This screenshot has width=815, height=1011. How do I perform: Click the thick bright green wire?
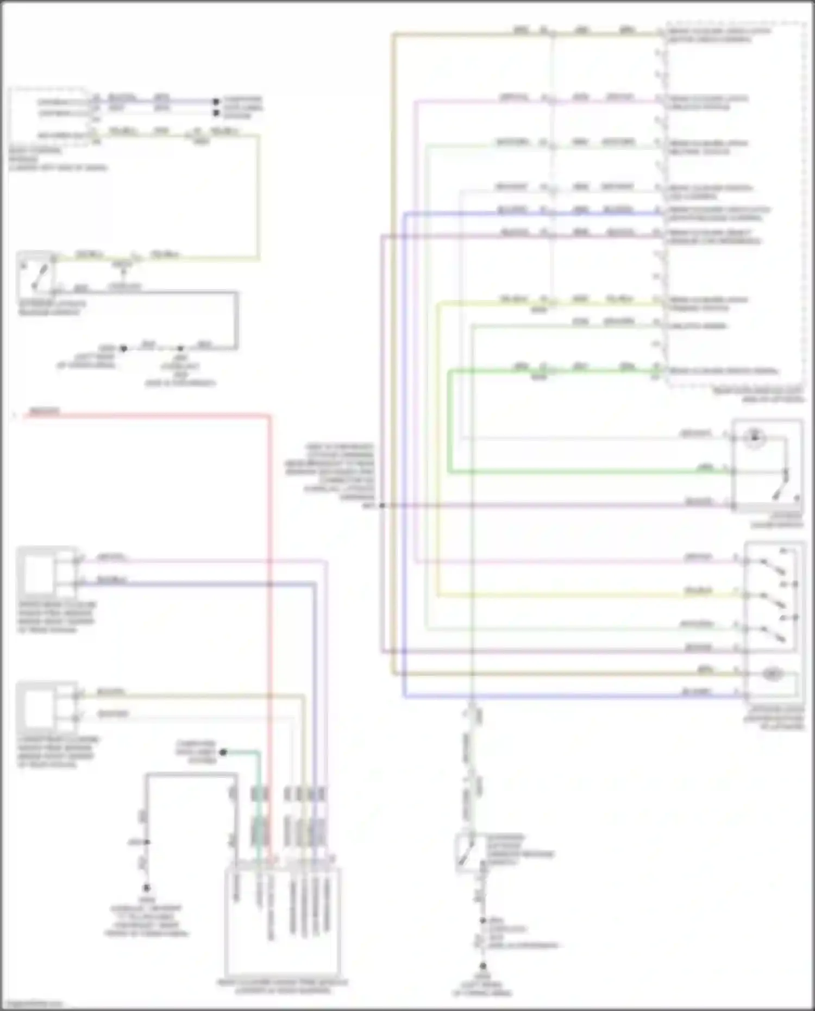tap(587, 472)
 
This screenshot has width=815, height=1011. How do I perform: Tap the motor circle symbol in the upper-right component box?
tap(754, 437)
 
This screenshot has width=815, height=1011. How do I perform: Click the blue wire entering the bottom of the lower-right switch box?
tap(570, 696)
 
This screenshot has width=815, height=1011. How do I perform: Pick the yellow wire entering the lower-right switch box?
tap(587, 596)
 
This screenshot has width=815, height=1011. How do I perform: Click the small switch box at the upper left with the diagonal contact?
tap(36, 274)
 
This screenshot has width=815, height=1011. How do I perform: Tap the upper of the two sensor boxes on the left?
tap(38, 574)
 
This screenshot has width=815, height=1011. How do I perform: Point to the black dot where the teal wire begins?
tap(223, 752)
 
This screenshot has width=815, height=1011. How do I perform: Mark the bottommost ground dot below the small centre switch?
tap(482, 965)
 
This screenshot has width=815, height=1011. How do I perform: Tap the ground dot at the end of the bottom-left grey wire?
tap(146, 888)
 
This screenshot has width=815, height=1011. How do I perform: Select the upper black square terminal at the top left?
tap(216, 102)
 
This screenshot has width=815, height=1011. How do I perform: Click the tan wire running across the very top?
tap(489, 34)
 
